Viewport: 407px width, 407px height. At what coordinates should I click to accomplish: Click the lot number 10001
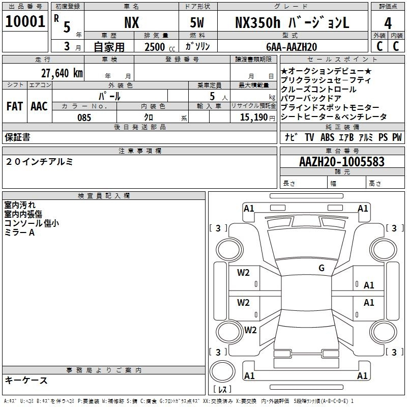pyautogui.click(x=25, y=21)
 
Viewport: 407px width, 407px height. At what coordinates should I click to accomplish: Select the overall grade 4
pyautogui.click(x=388, y=23)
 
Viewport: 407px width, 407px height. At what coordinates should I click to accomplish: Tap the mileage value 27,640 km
pyautogui.click(x=62, y=73)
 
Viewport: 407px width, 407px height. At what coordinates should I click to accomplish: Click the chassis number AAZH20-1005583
pyautogui.click(x=342, y=162)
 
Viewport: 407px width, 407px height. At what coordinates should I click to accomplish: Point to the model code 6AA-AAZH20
pyautogui.click(x=292, y=47)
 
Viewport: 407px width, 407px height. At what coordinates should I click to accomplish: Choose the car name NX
pyautogui.click(x=132, y=23)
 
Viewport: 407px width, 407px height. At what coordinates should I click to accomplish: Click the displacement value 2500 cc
pyautogui.click(x=160, y=47)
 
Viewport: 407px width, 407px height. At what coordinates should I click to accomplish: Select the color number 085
pyautogui.click(x=84, y=118)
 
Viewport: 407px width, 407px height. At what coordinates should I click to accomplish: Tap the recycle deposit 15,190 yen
pyautogui.click(x=257, y=118)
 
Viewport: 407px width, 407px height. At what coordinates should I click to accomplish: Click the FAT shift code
pyautogui.click(x=15, y=106)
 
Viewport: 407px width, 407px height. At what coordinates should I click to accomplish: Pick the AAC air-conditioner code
pyautogui.click(x=39, y=106)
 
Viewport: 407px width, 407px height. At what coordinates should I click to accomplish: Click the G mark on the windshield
pyautogui.click(x=322, y=268)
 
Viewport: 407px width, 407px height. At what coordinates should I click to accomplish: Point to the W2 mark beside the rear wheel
pyautogui.click(x=250, y=330)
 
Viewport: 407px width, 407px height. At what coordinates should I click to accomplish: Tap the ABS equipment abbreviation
pyautogui.click(x=327, y=137)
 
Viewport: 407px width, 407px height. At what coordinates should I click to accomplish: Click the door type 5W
pyautogui.click(x=197, y=23)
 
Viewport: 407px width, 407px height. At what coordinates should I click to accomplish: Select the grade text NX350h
pyautogui.click(x=258, y=22)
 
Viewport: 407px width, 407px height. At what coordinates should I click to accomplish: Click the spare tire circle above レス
pyautogui.click(x=222, y=371)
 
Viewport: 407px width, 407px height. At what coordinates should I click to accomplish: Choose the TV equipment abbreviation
pyautogui.click(x=309, y=137)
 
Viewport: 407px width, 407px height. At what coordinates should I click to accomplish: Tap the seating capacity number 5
pyautogui.click(x=212, y=96)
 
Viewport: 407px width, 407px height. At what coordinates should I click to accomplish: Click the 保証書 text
pyautogui.click(x=17, y=137)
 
